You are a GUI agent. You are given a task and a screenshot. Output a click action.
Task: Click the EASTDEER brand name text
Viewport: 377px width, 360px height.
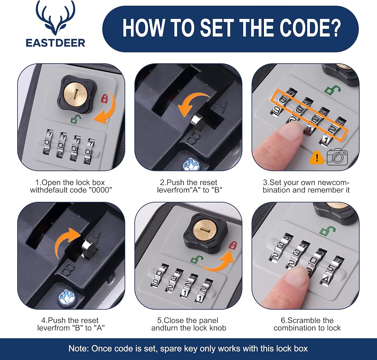point(55,43)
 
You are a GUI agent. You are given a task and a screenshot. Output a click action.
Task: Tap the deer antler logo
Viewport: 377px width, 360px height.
point(55,18)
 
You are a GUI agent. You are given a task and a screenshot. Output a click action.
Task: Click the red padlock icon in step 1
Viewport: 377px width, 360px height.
point(104,98)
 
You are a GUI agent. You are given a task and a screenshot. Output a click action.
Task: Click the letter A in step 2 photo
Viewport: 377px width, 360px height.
point(221,108)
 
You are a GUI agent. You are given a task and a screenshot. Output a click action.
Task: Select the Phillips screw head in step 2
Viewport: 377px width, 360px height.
point(192,164)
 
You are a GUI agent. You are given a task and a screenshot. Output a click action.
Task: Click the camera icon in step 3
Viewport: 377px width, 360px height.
point(337,156)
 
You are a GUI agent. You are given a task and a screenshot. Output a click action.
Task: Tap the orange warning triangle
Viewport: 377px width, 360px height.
point(317,157)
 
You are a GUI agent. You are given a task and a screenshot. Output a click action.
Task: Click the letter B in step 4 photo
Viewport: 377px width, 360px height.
point(67,269)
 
